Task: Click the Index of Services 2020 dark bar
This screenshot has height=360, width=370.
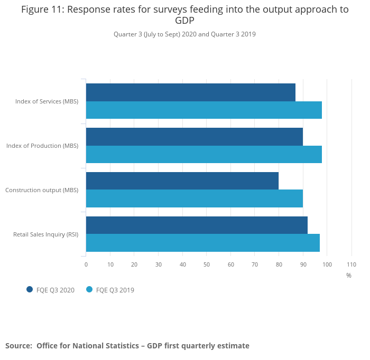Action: coord(190,92)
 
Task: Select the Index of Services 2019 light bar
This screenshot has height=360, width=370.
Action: coord(203,110)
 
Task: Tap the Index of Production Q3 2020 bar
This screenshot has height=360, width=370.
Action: coord(194,137)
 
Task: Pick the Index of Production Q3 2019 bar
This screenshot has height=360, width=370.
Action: coord(203,154)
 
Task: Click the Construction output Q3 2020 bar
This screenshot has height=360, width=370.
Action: coord(182,181)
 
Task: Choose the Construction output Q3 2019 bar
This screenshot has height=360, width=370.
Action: coord(194,198)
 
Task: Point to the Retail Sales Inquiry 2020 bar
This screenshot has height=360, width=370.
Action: coord(197,225)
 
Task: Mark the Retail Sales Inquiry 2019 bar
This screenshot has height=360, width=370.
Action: coord(202,243)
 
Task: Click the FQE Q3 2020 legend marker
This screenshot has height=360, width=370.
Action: coord(30,289)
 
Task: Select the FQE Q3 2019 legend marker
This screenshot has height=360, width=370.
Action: coord(89,289)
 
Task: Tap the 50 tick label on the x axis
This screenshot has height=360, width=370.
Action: coord(207,264)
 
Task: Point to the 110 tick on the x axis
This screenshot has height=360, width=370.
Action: coord(351,264)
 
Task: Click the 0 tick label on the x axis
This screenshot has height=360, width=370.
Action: coord(86,264)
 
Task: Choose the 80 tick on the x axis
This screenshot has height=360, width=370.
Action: coord(279,264)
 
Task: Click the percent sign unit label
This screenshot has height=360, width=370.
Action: coord(349,275)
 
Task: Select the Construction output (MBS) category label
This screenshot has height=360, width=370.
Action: coord(42,190)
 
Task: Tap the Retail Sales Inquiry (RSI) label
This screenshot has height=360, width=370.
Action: coord(45,234)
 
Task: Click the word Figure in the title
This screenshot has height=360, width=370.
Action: coord(36,10)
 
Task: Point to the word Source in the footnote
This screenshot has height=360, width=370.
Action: coord(18,346)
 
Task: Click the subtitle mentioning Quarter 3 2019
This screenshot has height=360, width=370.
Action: coord(184,34)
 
